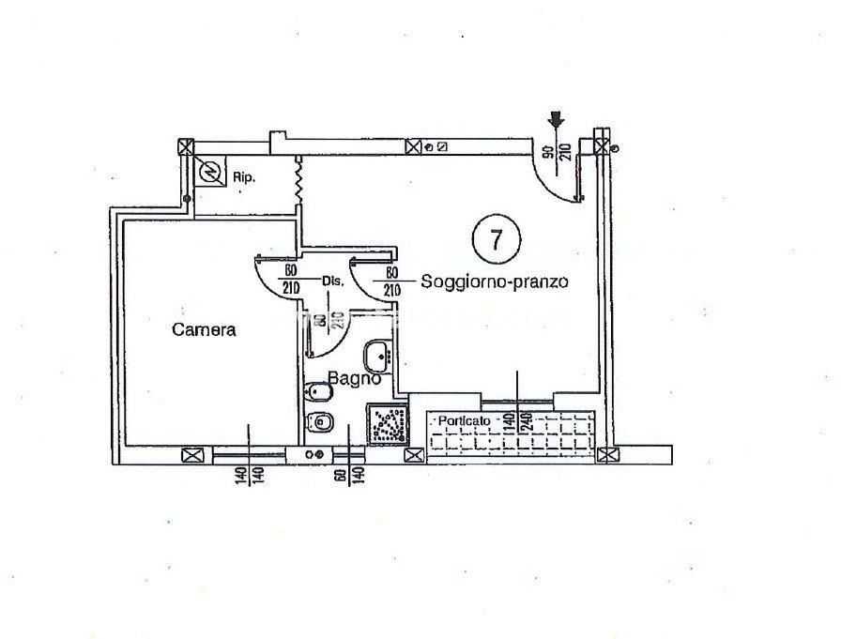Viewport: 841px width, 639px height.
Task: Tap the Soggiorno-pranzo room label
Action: tap(495, 281)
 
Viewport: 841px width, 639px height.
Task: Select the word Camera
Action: tap(203, 329)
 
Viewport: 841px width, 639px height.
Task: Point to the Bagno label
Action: tap(354, 379)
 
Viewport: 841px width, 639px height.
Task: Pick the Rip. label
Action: tap(244, 176)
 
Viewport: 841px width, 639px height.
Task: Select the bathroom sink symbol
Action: tap(379, 355)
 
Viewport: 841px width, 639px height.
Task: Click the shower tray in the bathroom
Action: tap(386, 424)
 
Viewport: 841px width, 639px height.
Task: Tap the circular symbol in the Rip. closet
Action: tap(211, 172)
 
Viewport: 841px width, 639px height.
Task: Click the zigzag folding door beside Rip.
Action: tap(298, 180)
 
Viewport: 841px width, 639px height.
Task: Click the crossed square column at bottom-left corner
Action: tap(193, 456)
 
